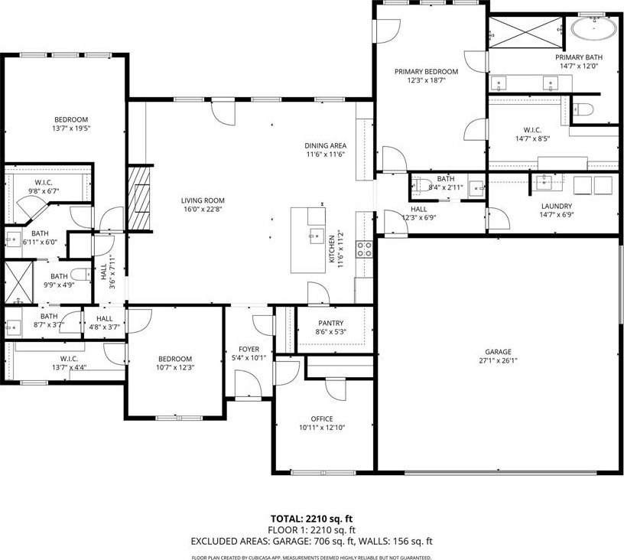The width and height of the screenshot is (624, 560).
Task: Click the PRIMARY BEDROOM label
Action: [426, 72]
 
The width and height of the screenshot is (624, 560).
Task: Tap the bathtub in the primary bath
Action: [593, 28]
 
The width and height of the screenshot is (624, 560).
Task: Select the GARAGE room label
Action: [498, 352]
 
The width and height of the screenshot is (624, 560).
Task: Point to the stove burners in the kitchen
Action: [365, 249]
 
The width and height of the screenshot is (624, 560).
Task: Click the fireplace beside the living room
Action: [139, 198]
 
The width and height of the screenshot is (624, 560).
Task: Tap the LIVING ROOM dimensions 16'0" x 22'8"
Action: [203, 210]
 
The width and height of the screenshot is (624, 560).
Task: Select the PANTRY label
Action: [330, 323]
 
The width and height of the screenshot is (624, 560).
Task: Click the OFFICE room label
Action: [322, 418]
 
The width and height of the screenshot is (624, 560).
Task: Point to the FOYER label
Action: [249, 349]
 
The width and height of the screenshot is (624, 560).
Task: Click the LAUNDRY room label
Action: [557, 206]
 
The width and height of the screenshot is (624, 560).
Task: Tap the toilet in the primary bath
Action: [583, 109]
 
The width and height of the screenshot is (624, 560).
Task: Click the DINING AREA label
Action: [326, 145]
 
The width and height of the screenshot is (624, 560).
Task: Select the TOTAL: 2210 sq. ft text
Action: [311, 519]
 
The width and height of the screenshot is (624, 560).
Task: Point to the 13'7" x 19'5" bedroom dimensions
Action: [71, 129]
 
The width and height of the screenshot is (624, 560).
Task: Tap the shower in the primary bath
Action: [525, 33]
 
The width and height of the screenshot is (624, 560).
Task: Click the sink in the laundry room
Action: [544, 182]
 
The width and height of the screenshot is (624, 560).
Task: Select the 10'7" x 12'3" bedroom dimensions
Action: [174, 368]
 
